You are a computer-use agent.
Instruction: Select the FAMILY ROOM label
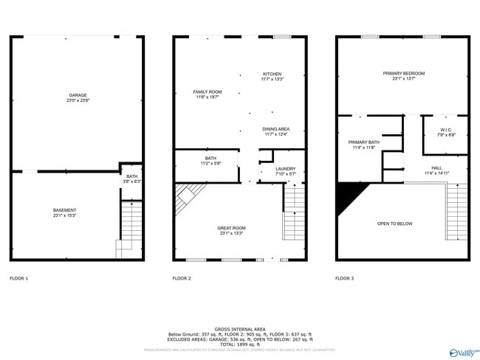coord(208,91)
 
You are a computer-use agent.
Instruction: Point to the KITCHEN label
coord(272,74)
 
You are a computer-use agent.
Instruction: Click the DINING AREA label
coord(276,129)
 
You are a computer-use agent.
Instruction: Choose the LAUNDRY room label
coord(285,169)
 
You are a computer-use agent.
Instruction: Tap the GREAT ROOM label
coord(231,228)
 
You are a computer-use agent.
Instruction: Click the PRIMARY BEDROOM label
coord(404,73)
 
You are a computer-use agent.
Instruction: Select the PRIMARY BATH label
coord(364,142)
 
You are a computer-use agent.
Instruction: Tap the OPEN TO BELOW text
coord(395,224)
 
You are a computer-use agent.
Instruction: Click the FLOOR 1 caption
coord(18,278)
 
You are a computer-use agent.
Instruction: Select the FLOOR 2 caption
coord(182,278)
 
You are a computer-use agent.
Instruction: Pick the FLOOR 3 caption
coord(344,278)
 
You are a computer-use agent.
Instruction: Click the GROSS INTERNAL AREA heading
coord(239,328)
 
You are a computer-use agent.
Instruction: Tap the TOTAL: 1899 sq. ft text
coord(239,344)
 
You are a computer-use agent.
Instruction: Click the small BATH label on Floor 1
coord(131,176)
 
